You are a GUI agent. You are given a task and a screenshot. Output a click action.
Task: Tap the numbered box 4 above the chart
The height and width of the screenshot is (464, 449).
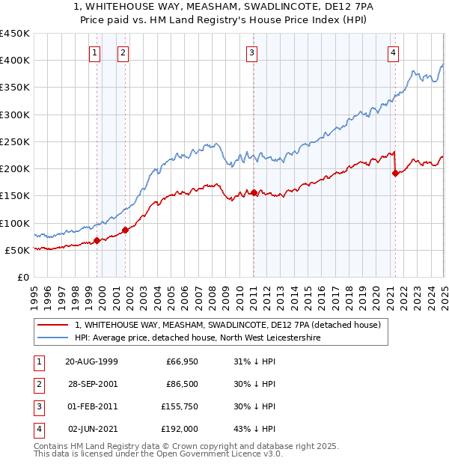[x=394, y=52]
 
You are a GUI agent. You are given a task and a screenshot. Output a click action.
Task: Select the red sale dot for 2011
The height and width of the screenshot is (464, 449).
[x=254, y=192]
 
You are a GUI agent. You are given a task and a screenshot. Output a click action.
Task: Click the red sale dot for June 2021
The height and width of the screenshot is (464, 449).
[x=395, y=173]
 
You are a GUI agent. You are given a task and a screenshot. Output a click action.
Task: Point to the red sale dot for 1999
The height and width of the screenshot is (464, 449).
[x=97, y=241]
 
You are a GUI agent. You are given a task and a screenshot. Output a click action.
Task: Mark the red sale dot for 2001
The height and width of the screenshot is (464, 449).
[x=126, y=230]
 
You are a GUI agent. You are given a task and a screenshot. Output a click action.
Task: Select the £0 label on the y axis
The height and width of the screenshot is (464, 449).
[x=22, y=277]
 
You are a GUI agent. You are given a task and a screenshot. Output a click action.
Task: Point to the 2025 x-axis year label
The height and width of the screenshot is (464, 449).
[x=444, y=291]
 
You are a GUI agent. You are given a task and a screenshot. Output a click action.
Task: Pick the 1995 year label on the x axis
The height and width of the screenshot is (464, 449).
[x=34, y=291]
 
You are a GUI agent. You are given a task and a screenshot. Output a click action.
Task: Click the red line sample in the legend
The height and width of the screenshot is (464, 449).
[x=52, y=325]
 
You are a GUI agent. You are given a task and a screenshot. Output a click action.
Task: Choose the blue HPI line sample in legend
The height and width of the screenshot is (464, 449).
[x=52, y=338]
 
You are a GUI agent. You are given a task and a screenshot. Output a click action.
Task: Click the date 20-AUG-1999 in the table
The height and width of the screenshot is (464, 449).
[x=92, y=362]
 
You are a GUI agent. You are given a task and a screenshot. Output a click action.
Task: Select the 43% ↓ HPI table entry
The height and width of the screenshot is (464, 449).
[x=254, y=429]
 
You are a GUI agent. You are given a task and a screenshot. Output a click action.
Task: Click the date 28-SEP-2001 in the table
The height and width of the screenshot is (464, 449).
[x=92, y=385]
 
